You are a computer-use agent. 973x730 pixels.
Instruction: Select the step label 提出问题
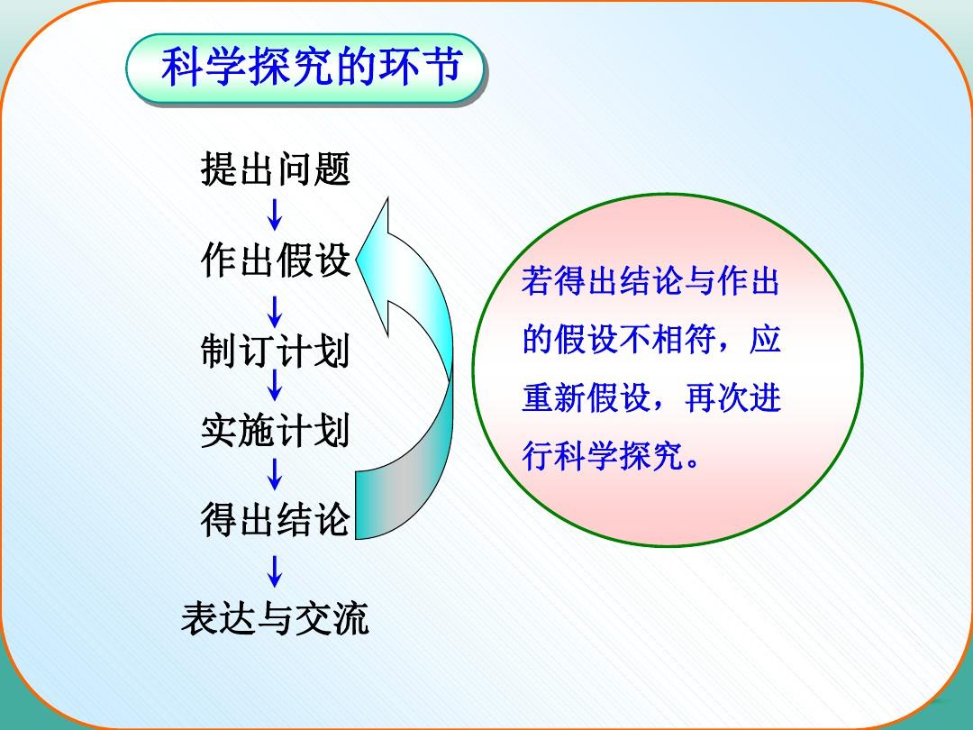pyautogui.click(x=276, y=169)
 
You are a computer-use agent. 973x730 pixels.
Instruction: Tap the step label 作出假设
pyautogui.click(x=276, y=260)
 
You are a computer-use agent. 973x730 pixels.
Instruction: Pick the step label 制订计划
pyautogui.click(x=276, y=351)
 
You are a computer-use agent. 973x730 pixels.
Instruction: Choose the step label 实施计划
pyautogui.click(x=276, y=430)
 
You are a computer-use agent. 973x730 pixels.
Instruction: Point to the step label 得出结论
pyautogui.click(x=276, y=520)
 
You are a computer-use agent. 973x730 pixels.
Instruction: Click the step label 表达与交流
pyautogui.click(x=275, y=618)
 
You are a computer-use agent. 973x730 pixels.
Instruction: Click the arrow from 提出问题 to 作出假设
pyautogui.click(x=274, y=214)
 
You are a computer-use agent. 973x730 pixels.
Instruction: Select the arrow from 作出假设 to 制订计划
pyautogui.click(x=274, y=312)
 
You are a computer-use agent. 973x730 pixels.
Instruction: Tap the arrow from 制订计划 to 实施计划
pyautogui.click(x=274, y=385)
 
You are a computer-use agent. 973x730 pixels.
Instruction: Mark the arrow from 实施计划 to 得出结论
pyautogui.click(x=274, y=474)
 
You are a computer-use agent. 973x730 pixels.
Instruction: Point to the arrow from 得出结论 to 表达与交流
pyautogui.click(x=274, y=571)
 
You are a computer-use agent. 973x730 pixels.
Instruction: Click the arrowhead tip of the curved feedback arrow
pyautogui.click(x=357, y=260)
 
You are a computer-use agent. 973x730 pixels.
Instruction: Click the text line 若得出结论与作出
pyautogui.click(x=650, y=281)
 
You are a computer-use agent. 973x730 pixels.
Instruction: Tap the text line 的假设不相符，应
pyautogui.click(x=651, y=339)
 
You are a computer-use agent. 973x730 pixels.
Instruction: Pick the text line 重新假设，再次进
pyautogui.click(x=651, y=397)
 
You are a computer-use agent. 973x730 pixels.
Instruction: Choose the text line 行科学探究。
pyautogui.click(x=611, y=456)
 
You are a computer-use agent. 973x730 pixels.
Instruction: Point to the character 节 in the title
pyautogui.click(x=441, y=67)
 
